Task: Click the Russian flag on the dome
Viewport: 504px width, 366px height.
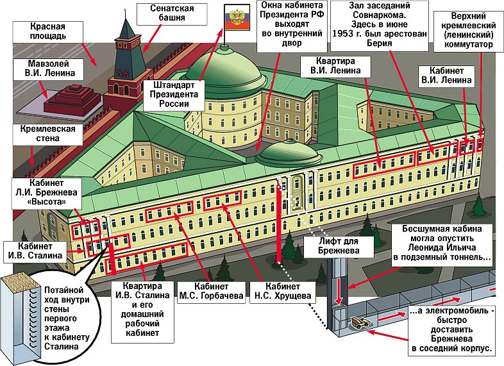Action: pos(235,19)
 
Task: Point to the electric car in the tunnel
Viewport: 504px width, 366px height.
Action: pos(360,324)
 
